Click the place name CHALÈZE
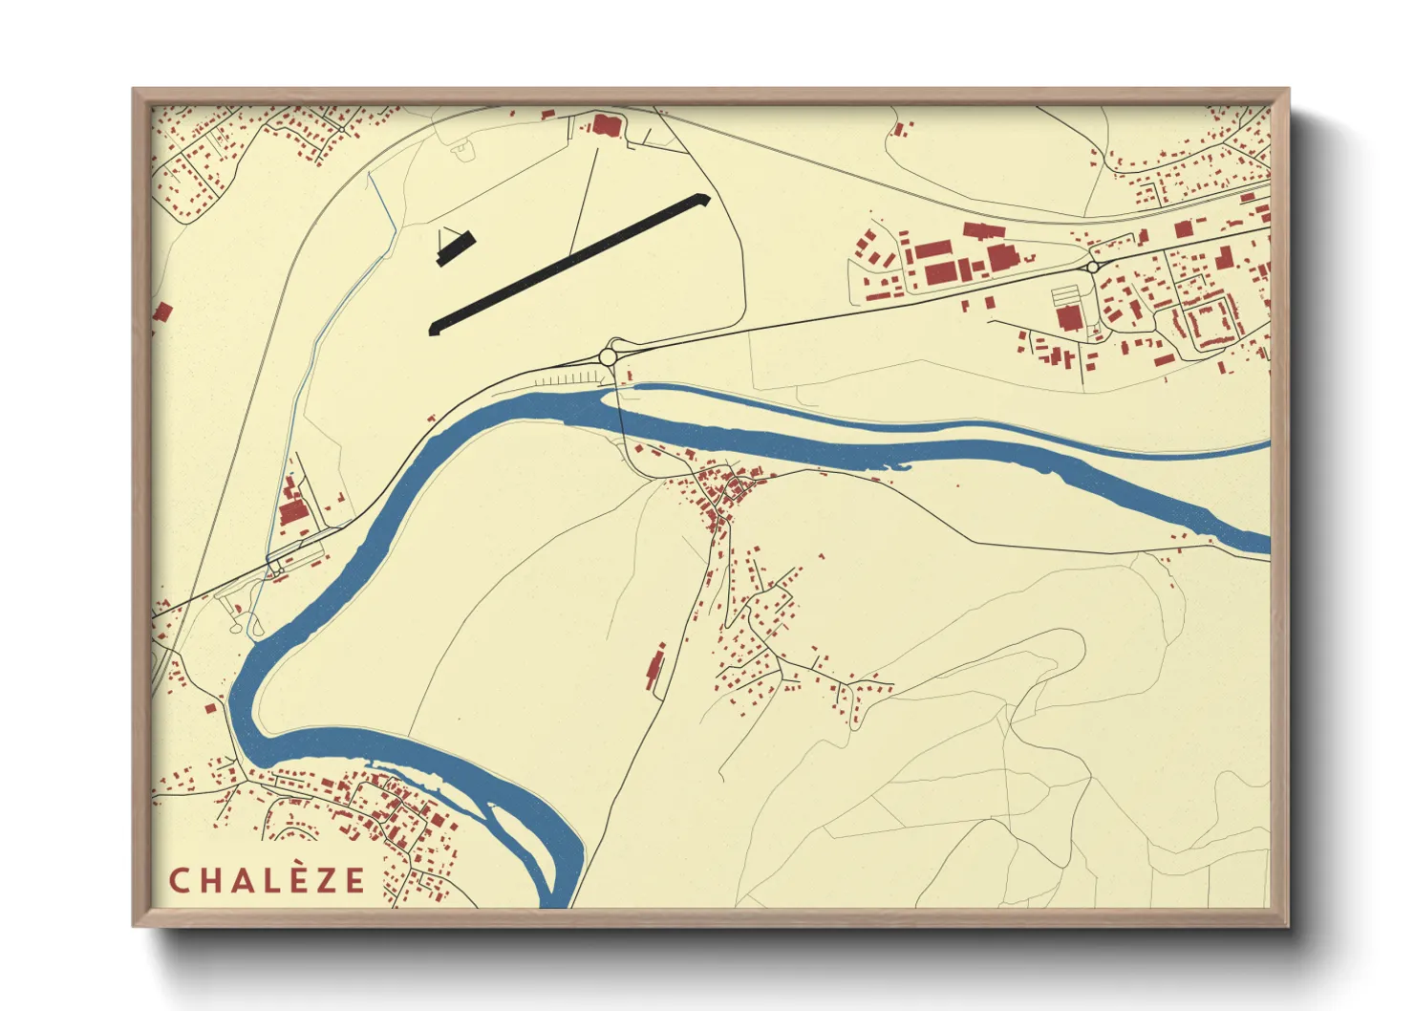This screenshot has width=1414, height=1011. [x=267, y=880]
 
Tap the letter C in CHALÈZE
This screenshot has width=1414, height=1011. [x=179, y=880]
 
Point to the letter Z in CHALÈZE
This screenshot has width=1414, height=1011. [x=324, y=880]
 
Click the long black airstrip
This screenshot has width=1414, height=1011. [x=569, y=263]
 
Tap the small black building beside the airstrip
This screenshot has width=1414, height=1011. [x=456, y=247]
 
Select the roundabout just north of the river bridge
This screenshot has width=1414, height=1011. [x=609, y=356]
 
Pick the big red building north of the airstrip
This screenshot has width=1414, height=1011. [x=605, y=124]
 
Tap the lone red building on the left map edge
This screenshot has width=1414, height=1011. [x=162, y=312]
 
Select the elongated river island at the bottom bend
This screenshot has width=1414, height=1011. [x=521, y=841]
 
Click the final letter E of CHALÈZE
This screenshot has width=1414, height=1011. [x=354, y=880]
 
